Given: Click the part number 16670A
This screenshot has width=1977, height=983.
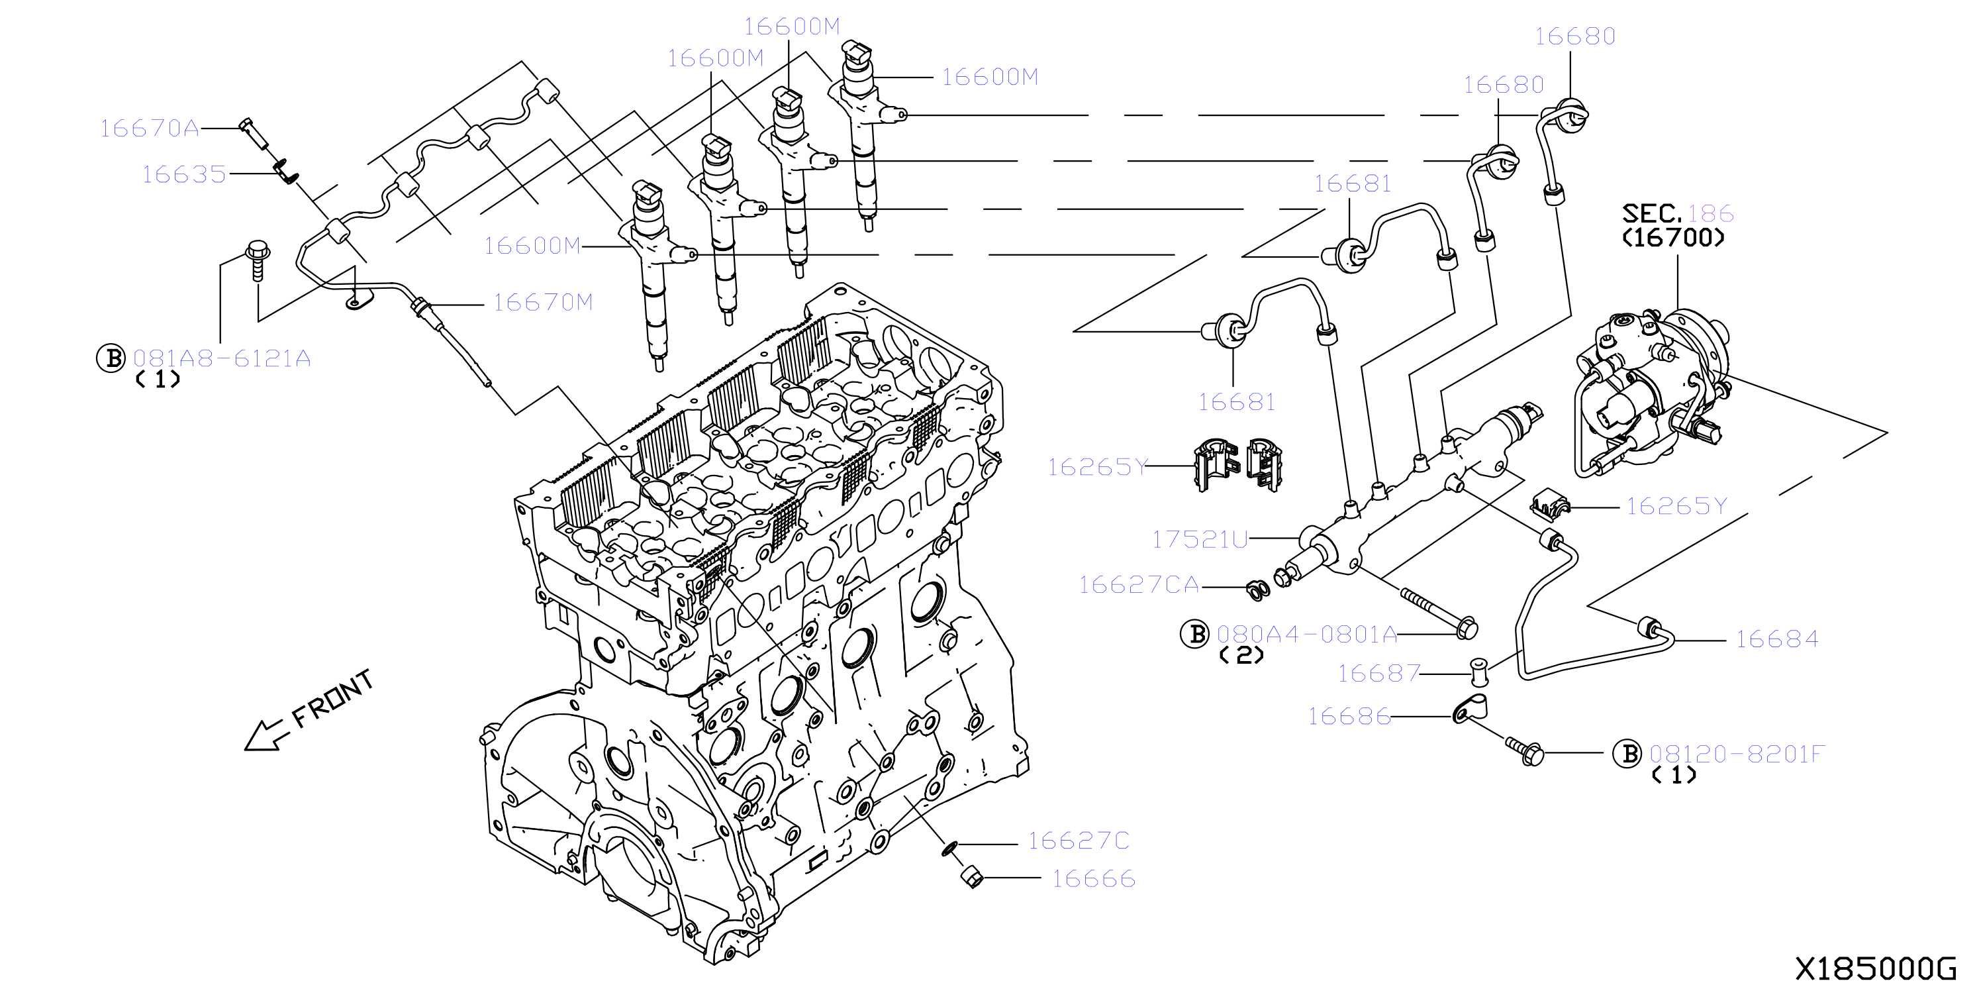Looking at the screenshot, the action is (150, 129).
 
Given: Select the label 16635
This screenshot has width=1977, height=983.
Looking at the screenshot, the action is (184, 174).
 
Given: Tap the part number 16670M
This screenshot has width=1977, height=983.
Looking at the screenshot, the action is (544, 303).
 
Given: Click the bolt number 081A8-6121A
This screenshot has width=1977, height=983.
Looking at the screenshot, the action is (222, 358).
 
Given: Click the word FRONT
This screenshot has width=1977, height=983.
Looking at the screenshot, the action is (333, 698).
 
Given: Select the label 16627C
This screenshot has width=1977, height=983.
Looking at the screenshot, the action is (1079, 841).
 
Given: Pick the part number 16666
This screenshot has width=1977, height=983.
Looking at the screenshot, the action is (1094, 878).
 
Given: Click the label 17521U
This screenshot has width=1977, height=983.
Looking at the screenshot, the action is (1200, 539).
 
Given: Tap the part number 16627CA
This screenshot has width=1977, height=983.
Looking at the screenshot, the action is (1139, 585).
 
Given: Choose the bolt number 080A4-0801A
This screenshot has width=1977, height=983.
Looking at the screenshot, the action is (1307, 635).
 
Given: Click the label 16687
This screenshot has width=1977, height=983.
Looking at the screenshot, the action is (1379, 674).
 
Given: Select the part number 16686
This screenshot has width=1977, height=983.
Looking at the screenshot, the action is (1349, 717).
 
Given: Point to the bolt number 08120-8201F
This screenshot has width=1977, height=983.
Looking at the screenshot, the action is (1737, 754).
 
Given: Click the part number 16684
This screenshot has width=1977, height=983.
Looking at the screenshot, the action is (1778, 639).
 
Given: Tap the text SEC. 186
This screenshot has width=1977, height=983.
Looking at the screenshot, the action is (1678, 213).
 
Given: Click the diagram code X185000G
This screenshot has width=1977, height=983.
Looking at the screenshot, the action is (1876, 968).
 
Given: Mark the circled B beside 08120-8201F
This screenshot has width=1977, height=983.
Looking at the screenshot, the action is (1627, 754).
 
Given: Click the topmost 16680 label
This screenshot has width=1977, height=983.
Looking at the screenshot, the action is (1576, 36).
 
